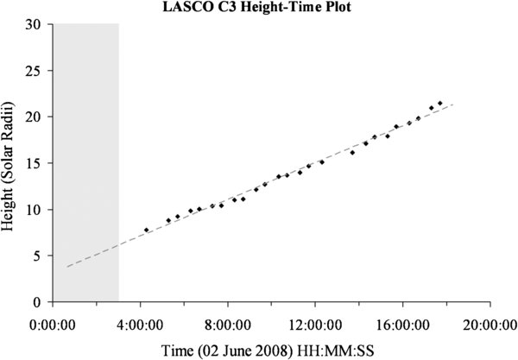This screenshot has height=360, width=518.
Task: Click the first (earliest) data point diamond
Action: pyautogui.click(x=147, y=230)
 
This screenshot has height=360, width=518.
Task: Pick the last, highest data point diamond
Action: pyautogui.click(x=440, y=104)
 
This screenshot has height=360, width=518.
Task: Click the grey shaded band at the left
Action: pyautogui.click(x=86, y=163)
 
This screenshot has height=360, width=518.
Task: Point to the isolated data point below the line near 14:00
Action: pyautogui.click(x=352, y=152)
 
